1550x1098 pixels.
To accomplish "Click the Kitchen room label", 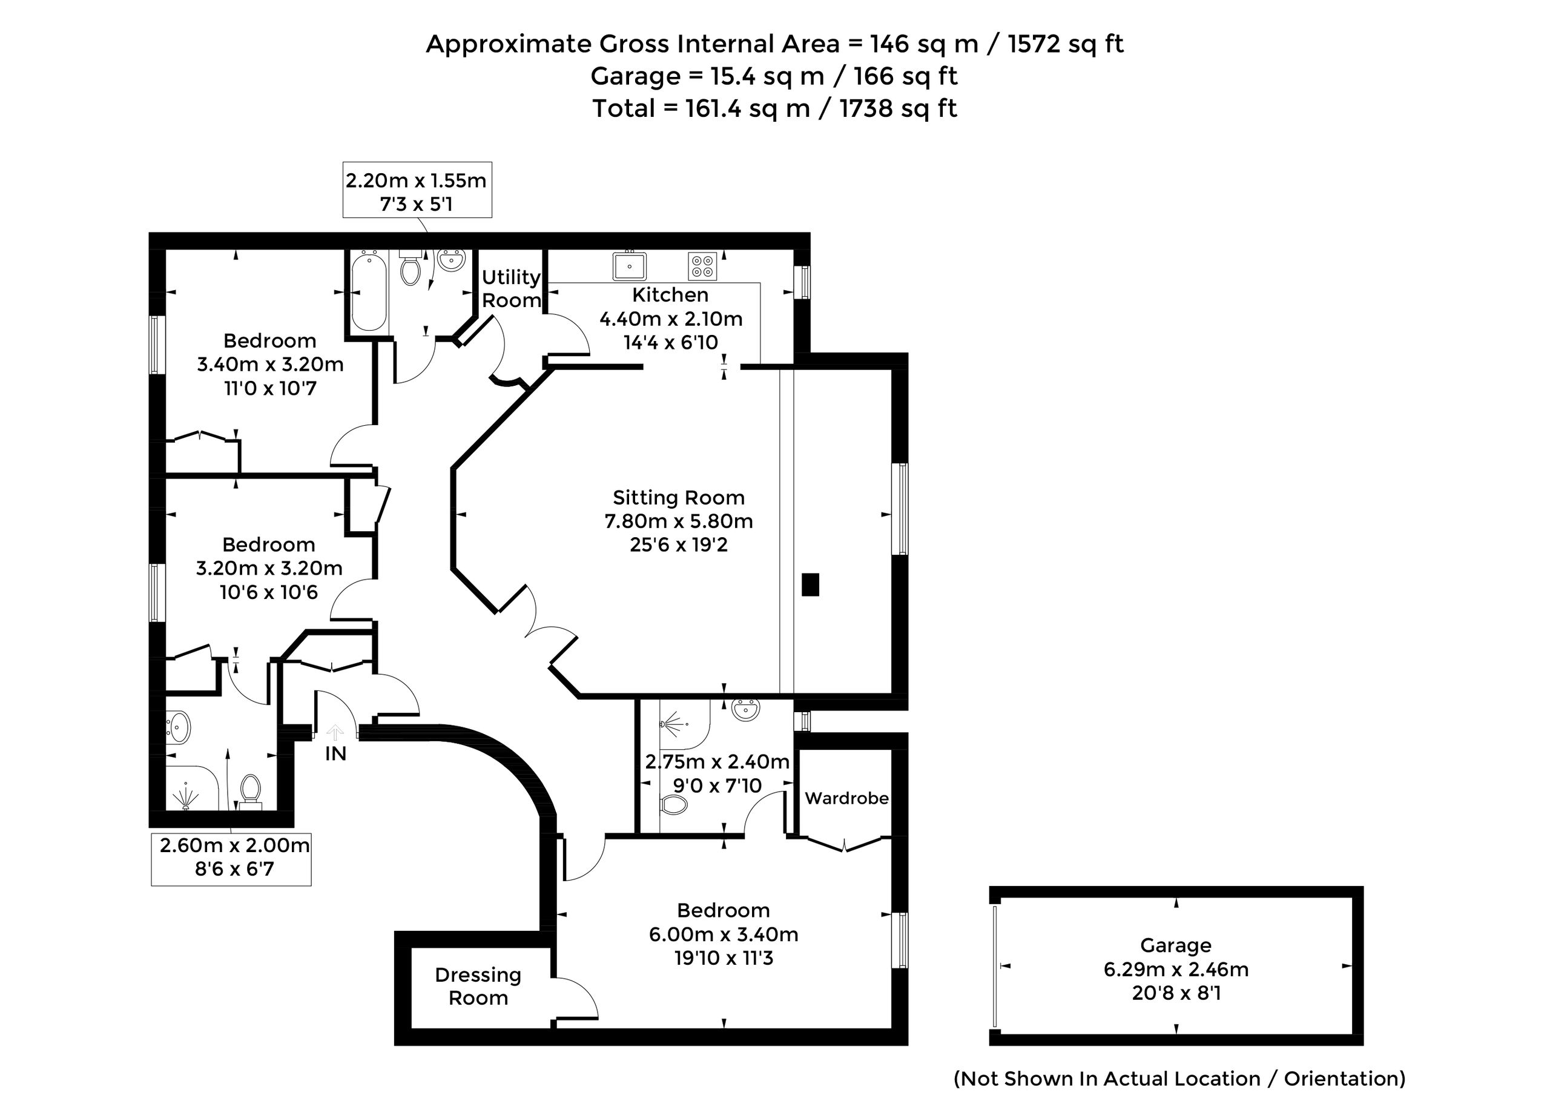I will pyautogui.click(x=670, y=295).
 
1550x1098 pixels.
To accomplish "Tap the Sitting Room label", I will pyautogui.click(x=678, y=498).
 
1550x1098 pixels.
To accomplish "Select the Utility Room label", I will pyautogui.click(x=511, y=288).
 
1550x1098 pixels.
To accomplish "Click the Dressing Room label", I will pyautogui.click(x=478, y=987).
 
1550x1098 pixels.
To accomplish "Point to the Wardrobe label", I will pyautogui.click(x=846, y=798).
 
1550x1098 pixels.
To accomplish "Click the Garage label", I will pyautogui.click(x=1175, y=945).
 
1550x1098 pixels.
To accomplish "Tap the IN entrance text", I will pyautogui.click(x=335, y=754).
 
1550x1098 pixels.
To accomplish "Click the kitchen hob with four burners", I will pyautogui.click(x=702, y=266).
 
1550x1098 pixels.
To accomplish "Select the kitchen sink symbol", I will pyautogui.click(x=629, y=266).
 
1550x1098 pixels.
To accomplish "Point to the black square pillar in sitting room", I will pyautogui.click(x=810, y=584).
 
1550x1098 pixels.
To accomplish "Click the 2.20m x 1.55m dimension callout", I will pyautogui.click(x=417, y=191).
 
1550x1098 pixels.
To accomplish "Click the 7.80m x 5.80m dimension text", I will pyautogui.click(x=678, y=521).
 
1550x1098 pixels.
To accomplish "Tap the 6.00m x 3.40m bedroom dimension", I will pyautogui.click(x=724, y=934).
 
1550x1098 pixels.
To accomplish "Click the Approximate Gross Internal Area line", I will pyautogui.click(x=774, y=44).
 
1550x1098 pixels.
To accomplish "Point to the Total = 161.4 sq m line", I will pyautogui.click(x=774, y=109).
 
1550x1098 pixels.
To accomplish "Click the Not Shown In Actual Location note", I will pyautogui.click(x=1179, y=1079).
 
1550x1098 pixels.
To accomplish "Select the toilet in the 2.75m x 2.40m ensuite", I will pyautogui.click(x=673, y=804).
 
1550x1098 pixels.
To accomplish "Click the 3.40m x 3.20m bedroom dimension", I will pyautogui.click(x=269, y=365).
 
